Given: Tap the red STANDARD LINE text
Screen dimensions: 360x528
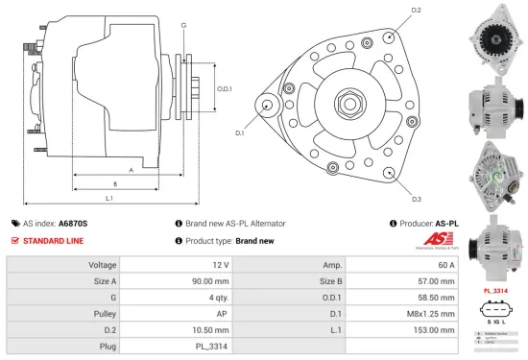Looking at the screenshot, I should coord(55,240).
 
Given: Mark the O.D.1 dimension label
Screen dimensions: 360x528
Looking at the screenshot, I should coord(224,89).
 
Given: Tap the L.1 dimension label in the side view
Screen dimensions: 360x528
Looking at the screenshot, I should coord(109,199).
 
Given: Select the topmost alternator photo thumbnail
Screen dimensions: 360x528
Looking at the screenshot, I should coord(493,37).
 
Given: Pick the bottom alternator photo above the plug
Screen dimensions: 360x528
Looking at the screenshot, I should coord(493,241).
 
